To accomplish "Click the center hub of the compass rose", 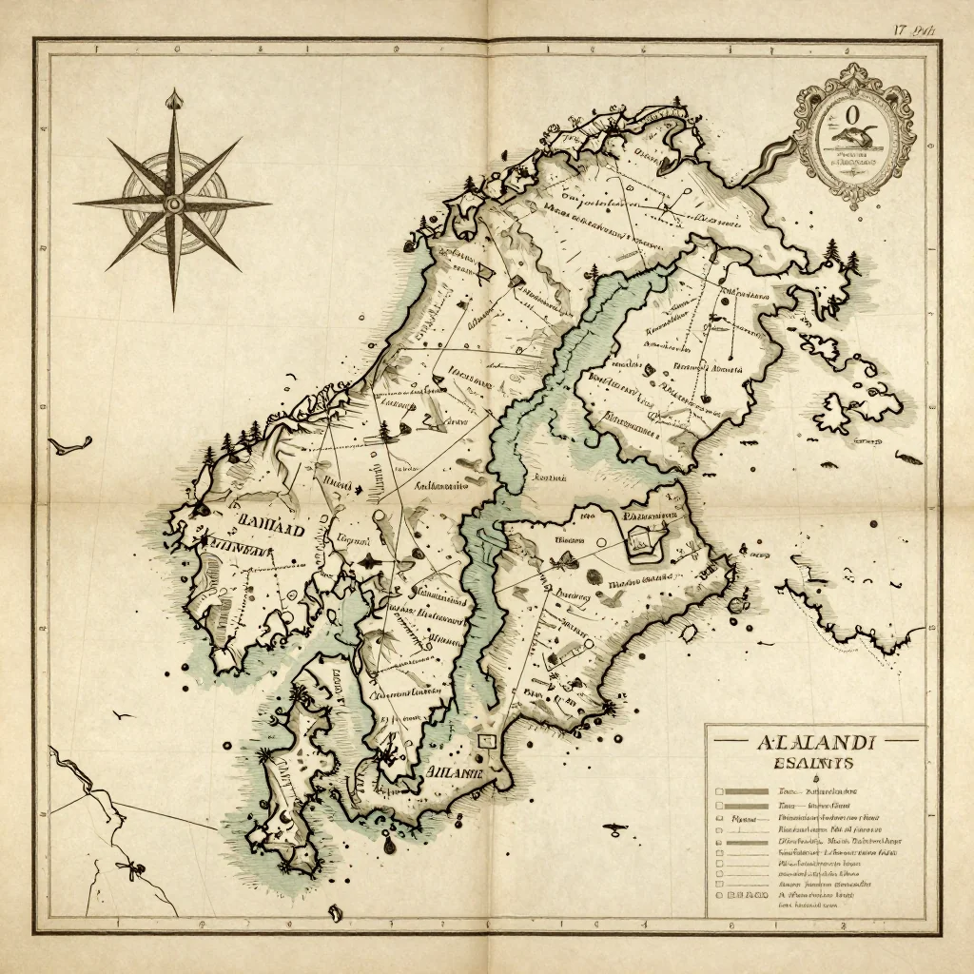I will tap(173, 203).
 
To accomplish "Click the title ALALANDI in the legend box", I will tap(813, 742).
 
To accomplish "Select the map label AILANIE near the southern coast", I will tap(456, 772).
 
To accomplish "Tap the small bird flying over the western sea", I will tap(122, 714).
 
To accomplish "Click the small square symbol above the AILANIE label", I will tap(487, 740).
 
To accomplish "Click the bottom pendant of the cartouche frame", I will tap(855, 201).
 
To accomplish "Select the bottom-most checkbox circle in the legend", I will tap(720, 895).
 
